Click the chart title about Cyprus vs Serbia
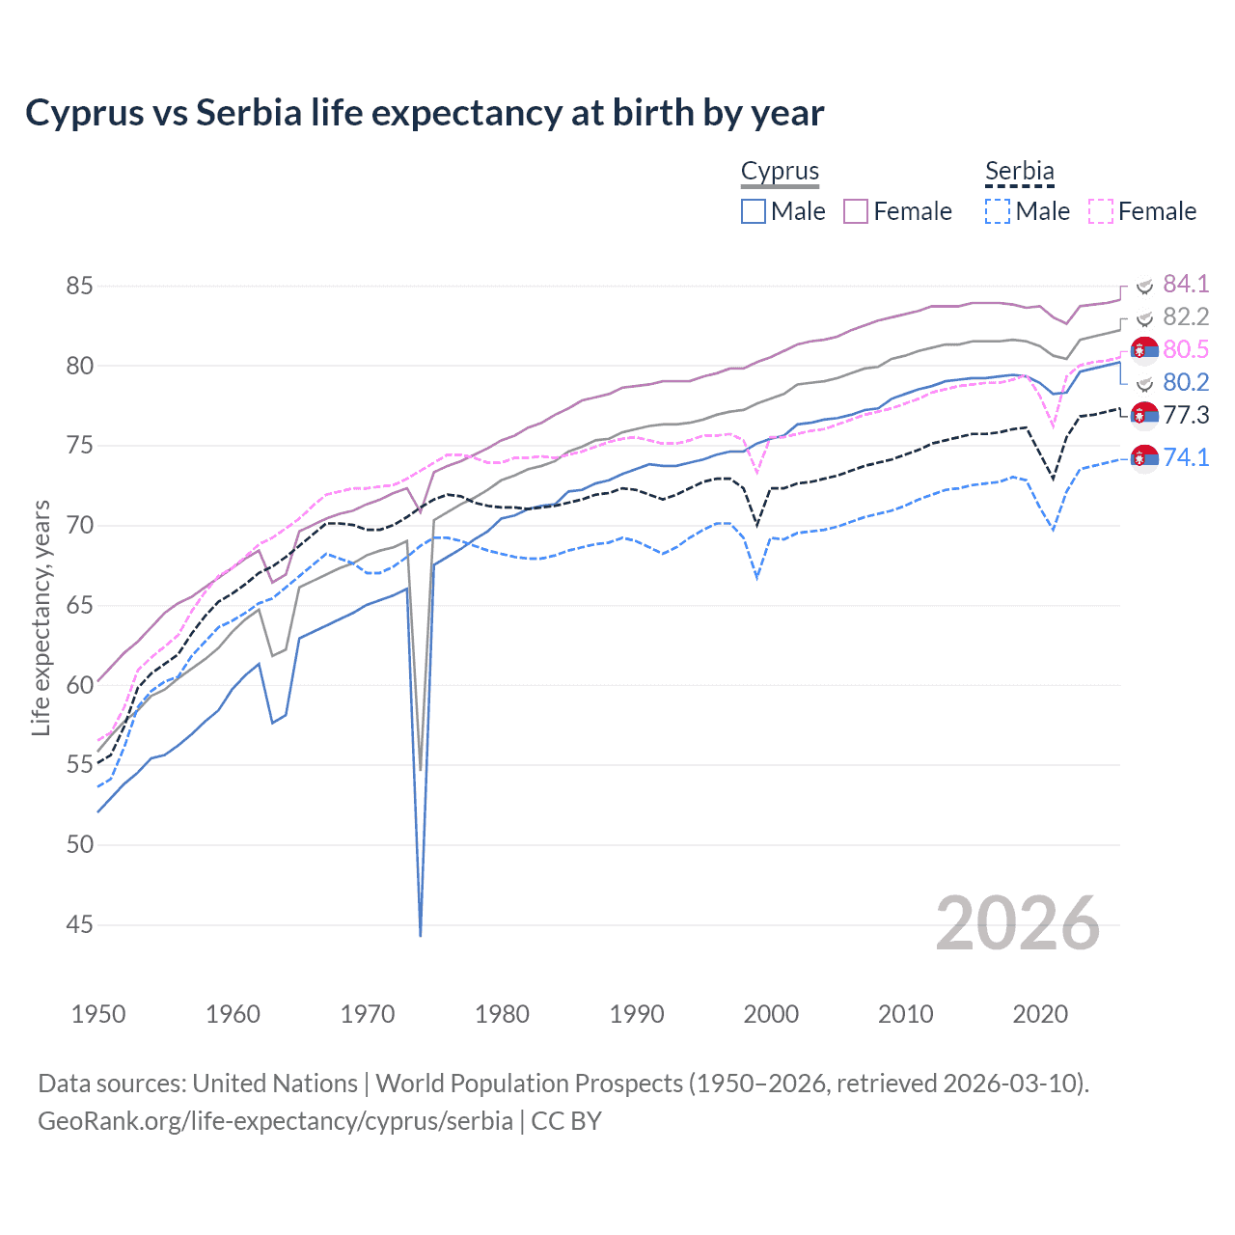tap(425, 113)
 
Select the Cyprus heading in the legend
tap(780, 172)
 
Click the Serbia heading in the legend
tap(1019, 172)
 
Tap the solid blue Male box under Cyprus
tap(754, 211)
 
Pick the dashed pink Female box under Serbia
tap(1101, 211)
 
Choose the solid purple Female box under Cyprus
tap(856, 211)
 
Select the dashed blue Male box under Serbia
tap(998, 211)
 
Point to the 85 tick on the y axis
tap(80, 287)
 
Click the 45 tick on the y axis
tap(80, 925)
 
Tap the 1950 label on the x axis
tap(98, 1014)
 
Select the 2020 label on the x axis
tap(1040, 1014)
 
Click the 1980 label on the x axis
tap(502, 1014)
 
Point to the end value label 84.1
tap(1186, 284)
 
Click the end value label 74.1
tap(1186, 457)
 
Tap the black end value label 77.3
tap(1186, 416)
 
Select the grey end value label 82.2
tap(1186, 317)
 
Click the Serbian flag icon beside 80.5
tap(1144, 350)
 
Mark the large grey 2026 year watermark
tap(1017, 923)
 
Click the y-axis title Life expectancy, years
tap(41, 617)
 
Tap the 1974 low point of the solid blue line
tap(421, 934)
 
